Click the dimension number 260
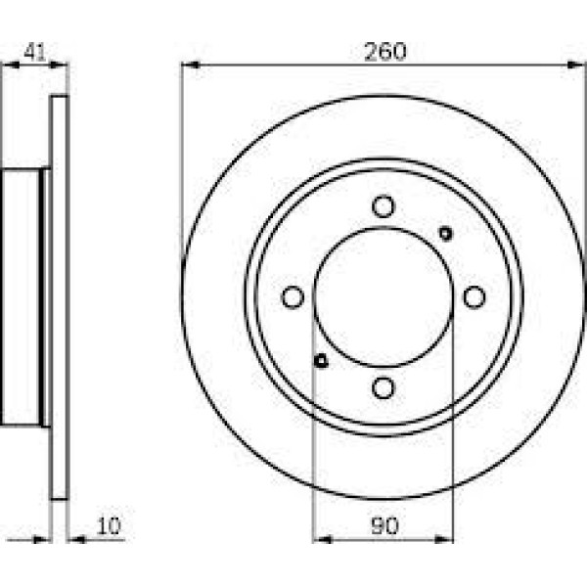click(x=384, y=51)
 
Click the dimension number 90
click(x=384, y=526)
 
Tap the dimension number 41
click(x=35, y=52)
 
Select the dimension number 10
click(x=109, y=526)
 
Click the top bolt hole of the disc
click(x=384, y=206)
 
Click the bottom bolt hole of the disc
click(x=384, y=387)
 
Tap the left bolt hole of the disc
click(x=293, y=296)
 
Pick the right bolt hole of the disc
click(x=474, y=296)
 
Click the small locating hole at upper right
click(x=446, y=233)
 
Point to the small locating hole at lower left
click(x=321, y=361)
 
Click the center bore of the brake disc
click(x=384, y=296)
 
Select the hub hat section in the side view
click(x=24, y=296)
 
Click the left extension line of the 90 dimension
click(x=313, y=440)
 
